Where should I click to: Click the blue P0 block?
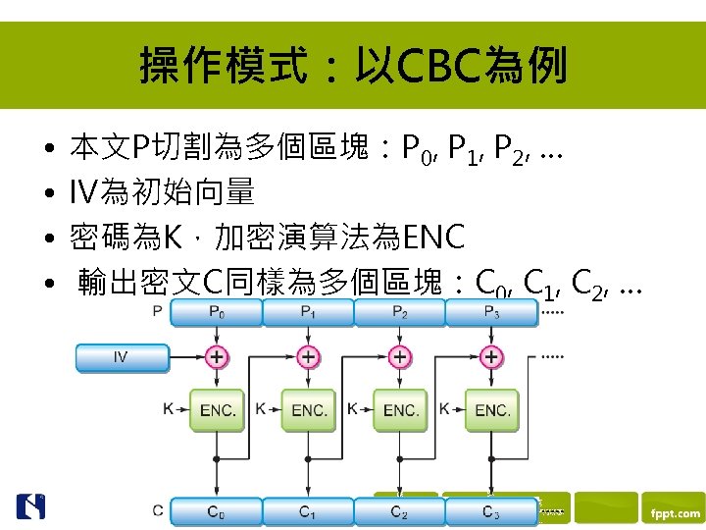tap(216, 312)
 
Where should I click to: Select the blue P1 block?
tap(308, 312)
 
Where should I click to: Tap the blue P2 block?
tap(399, 312)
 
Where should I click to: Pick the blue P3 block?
tap(490, 312)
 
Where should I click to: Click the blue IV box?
tap(122, 357)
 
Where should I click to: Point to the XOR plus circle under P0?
tap(216, 357)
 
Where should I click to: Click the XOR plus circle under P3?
tap(491, 357)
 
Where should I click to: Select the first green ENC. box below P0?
tap(217, 409)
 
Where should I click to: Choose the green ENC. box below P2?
tap(400, 409)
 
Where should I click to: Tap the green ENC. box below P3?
tap(491, 409)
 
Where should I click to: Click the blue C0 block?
tap(216, 511)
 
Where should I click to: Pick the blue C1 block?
tap(308, 511)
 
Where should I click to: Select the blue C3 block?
tap(490, 511)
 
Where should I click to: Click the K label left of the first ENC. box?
tap(169, 406)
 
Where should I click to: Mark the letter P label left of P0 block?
tap(158, 311)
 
